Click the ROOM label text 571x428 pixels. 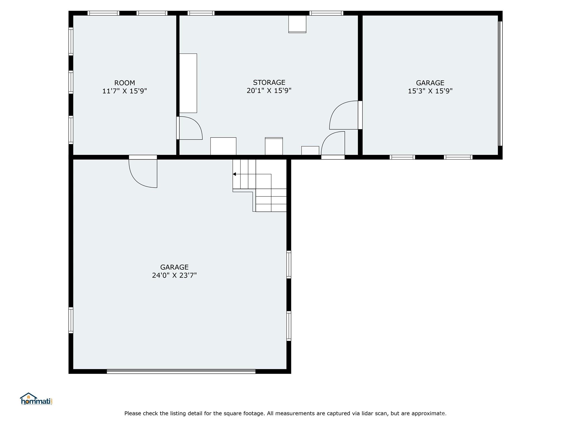125,83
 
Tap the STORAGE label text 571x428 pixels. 269,82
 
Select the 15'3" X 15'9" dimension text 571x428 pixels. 430,91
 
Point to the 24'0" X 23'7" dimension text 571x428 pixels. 174,275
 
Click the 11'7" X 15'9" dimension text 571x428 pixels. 125,91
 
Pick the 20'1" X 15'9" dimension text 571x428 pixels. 269,91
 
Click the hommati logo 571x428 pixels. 36,399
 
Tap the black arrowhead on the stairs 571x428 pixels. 234,174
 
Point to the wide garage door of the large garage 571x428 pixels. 181,371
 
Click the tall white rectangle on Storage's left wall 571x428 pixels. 188,83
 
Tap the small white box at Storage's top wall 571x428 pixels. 297,24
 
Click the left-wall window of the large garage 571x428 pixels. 71,320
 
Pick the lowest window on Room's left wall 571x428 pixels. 71,130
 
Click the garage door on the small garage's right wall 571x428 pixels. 500,84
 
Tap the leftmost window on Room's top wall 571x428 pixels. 103,13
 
